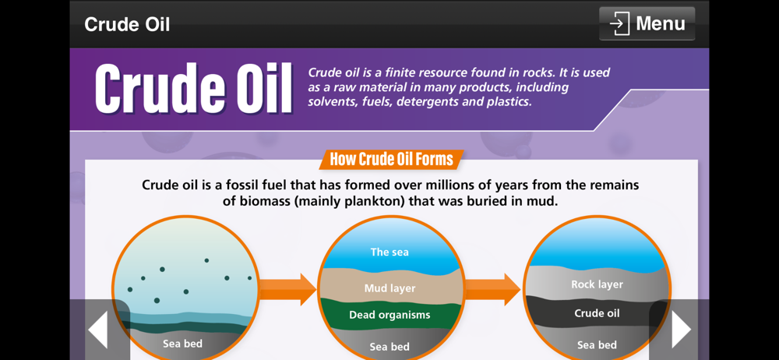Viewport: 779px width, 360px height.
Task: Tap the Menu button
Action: tap(647, 23)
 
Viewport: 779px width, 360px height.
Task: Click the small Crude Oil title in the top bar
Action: tap(127, 24)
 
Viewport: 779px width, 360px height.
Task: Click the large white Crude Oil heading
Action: tap(193, 89)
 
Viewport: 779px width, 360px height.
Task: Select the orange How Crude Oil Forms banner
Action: tap(392, 159)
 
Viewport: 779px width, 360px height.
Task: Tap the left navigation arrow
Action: tap(98, 329)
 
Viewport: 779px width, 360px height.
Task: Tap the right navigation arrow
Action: tap(681, 329)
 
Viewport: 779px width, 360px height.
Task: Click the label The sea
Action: tap(389, 252)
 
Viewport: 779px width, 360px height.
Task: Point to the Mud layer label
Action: tap(389, 288)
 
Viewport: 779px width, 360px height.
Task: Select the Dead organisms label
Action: tap(389, 315)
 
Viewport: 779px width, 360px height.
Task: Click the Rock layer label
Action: tap(597, 284)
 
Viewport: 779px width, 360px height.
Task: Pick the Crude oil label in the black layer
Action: tap(597, 313)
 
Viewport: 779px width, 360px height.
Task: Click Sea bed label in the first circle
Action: tap(182, 344)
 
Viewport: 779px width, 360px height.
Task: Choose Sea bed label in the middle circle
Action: tap(389, 347)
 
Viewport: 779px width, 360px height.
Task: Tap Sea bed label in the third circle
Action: tap(597, 345)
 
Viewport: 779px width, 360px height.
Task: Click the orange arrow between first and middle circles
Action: tap(287, 289)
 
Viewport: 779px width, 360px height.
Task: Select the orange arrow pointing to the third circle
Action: tap(492, 289)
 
